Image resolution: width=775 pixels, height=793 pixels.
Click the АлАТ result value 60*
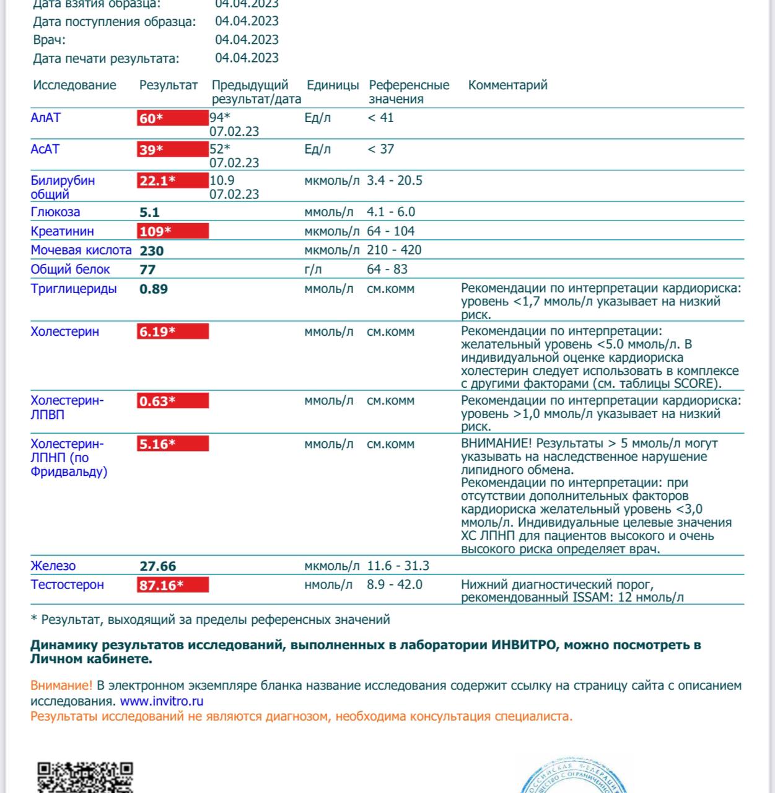click(151, 118)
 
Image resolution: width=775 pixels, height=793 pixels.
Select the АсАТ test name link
click(45, 149)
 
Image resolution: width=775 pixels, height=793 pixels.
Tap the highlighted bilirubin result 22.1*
click(157, 181)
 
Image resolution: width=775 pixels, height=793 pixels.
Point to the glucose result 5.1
click(149, 212)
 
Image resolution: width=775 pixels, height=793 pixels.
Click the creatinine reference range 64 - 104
click(390, 231)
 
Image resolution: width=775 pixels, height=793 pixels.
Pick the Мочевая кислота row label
click(81, 250)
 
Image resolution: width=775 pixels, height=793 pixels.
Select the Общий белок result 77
click(147, 269)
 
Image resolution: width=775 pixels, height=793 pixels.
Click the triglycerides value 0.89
click(154, 289)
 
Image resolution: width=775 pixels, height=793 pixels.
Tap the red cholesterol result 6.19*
click(157, 332)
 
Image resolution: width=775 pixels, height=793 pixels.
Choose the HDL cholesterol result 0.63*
click(157, 401)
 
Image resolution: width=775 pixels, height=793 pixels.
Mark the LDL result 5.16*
click(157, 444)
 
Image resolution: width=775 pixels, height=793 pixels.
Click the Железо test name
click(53, 566)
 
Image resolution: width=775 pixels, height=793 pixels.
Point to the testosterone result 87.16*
click(161, 585)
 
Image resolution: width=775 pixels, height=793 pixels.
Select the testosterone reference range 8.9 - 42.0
click(395, 584)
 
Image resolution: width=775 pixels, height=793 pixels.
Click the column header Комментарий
click(507, 85)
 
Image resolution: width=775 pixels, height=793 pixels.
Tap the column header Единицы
click(333, 85)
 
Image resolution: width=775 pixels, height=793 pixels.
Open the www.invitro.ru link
click(162, 701)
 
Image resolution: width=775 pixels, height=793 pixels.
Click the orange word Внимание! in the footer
click(61, 686)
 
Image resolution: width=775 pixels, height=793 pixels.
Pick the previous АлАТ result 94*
click(219, 118)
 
